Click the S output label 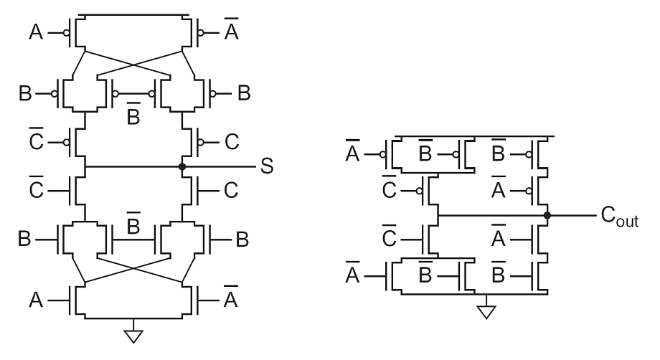(267, 166)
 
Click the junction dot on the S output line (181, 167)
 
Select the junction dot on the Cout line (547, 216)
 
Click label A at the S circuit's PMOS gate (36, 32)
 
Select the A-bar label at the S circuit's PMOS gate (231, 29)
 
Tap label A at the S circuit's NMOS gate (36, 300)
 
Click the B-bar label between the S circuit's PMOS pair (133, 113)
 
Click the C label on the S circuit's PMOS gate (232, 142)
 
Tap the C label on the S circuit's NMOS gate (231, 191)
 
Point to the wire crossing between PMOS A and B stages (133, 65)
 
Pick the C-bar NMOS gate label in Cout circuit (390, 236)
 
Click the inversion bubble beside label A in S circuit (67, 32)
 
